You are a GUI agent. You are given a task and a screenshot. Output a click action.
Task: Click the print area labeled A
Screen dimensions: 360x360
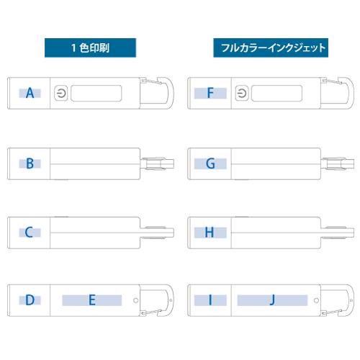pos(30,93)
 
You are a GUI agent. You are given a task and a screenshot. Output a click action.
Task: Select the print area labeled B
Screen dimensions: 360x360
pos(30,163)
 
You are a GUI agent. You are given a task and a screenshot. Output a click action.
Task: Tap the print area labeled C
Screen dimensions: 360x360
pos(30,233)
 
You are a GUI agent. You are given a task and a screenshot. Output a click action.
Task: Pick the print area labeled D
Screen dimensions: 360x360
pos(30,300)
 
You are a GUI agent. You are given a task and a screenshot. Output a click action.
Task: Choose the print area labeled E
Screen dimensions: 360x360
pos(92,300)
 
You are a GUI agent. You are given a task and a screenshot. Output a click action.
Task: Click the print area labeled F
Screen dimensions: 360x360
pos(210,93)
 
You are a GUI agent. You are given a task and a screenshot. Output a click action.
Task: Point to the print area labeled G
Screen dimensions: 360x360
pos(210,163)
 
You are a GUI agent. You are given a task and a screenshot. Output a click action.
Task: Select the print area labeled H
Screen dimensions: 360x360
pos(210,233)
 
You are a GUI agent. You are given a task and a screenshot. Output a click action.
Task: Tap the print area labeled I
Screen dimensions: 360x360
pos(210,300)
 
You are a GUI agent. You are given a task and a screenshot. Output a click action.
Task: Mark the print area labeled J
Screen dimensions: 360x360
pos(272,300)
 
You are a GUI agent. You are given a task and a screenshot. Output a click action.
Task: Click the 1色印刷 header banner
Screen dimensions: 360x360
pos(90,48)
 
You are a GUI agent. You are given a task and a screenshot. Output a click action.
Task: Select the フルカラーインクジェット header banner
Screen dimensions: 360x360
pos(271,48)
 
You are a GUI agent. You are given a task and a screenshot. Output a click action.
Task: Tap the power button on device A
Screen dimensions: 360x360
pos(61,93)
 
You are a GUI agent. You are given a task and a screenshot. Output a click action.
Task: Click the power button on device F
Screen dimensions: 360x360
pos(242,93)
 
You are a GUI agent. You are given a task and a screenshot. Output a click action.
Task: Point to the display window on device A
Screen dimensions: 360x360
pos(96,93)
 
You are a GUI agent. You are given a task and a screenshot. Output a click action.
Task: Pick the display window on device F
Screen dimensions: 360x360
pos(276,93)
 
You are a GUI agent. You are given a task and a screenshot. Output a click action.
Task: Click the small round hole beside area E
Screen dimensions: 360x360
pos(135,300)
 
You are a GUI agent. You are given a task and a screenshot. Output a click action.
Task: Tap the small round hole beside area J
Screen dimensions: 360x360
pos(316,300)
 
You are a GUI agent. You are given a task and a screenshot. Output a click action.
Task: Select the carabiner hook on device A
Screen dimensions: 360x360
pos(171,93)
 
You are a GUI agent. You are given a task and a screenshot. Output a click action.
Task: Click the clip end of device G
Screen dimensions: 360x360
pos(338,163)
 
